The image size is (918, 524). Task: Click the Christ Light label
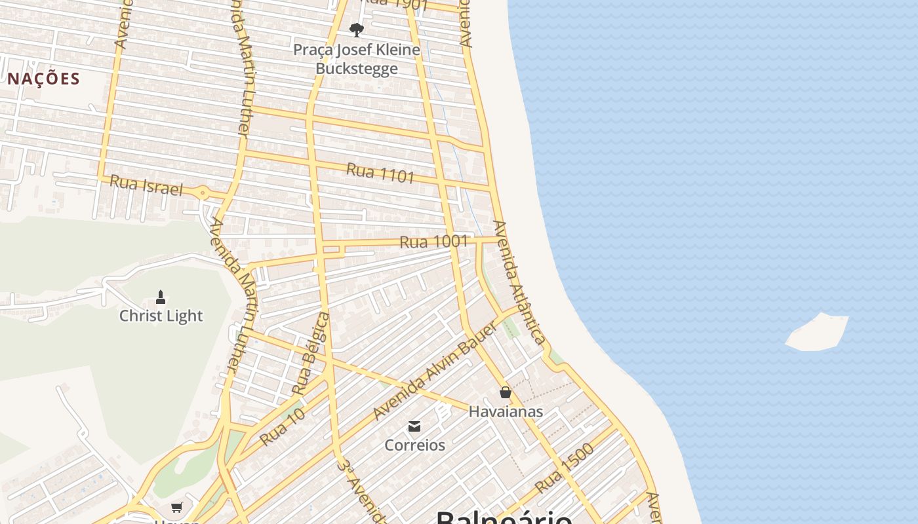[161, 316]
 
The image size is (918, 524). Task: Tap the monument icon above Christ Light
[161, 297]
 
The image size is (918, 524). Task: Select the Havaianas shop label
[506, 411]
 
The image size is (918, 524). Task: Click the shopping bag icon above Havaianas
[506, 392]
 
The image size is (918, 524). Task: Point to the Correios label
[414, 445]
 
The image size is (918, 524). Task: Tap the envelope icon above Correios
[414, 427]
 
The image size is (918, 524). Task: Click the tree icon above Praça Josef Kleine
[357, 29]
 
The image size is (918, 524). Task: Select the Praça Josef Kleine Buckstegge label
[357, 59]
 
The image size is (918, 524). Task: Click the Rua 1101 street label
[380, 173]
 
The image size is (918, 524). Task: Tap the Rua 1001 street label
[434, 242]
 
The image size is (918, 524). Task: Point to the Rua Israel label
[146, 185]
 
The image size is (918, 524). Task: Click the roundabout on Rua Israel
[203, 193]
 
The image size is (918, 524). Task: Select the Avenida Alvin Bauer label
[435, 371]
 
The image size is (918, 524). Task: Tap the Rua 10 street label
[283, 427]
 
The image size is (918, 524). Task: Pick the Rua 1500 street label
[565, 469]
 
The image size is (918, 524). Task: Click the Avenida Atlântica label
[519, 282]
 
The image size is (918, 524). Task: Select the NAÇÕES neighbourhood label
[44, 79]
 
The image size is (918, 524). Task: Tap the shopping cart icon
[176, 507]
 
